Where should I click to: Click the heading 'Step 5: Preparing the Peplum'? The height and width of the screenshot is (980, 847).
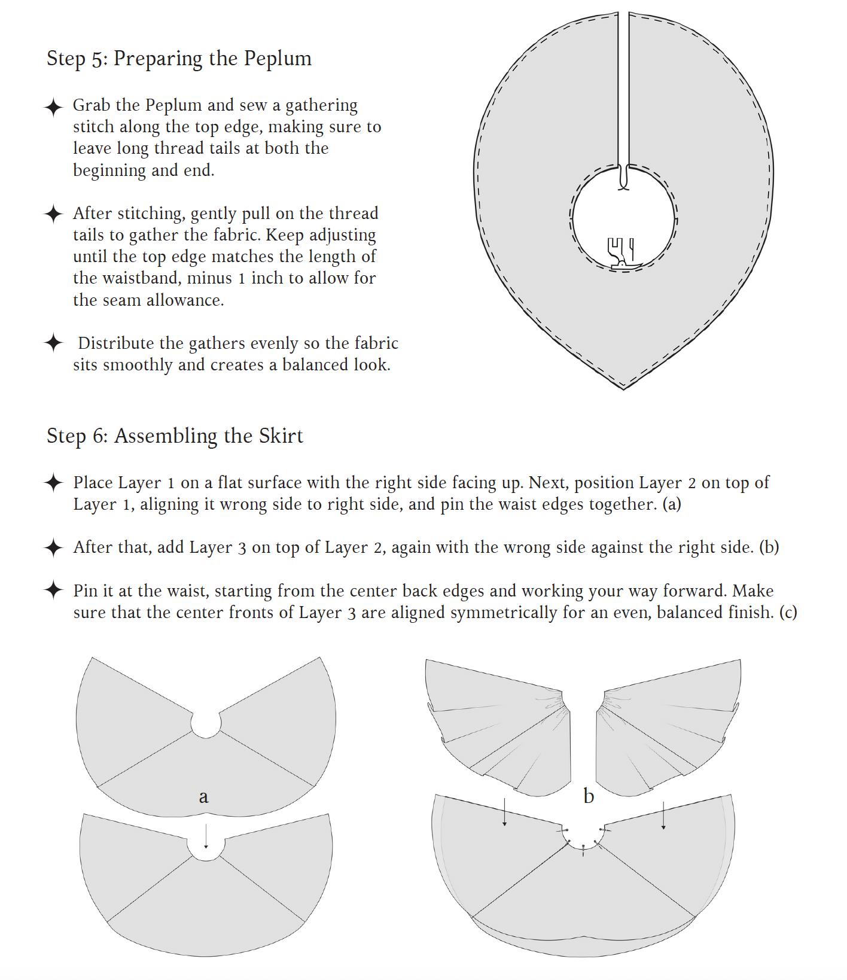point(179,59)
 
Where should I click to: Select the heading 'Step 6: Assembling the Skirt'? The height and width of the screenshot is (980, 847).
point(175,436)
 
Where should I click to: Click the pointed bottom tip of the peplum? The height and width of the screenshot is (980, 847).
point(623,388)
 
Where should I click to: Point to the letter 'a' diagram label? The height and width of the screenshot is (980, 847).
point(203,796)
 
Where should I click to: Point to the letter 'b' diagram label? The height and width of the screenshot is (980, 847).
point(589,796)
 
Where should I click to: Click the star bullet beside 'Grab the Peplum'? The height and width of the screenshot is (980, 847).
point(53,107)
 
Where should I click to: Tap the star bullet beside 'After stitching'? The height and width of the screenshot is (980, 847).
point(53,214)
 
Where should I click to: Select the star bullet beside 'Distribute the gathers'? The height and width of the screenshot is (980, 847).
point(53,343)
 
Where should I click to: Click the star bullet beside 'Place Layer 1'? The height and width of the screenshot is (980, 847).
point(53,483)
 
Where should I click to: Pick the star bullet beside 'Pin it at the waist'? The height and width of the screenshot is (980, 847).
point(53,590)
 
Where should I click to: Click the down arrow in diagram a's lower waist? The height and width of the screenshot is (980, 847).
point(206,836)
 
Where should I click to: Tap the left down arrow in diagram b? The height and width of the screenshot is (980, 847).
point(505,812)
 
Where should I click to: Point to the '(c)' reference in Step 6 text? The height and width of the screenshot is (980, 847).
point(788,613)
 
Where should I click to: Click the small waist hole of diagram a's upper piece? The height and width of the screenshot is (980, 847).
point(206,724)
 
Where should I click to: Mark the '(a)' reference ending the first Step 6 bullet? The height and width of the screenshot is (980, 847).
point(672,504)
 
